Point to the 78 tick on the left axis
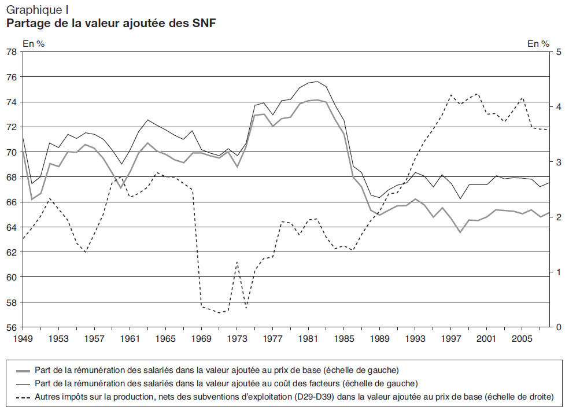pyautogui.click(x=11, y=52)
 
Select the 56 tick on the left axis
pyautogui.click(x=11, y=327)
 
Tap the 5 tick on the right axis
pyautogui.click(x=559, y=52)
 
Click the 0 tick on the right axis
pyautogui.click(x=559, y=327)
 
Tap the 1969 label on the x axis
pyautogui.click(x=202, y=338)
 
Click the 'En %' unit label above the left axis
pyautogui.click(x=33, y=43)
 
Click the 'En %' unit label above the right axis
pyautogui.click(x=538, y=43)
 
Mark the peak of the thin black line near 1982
pyautogui.click(x=317, y=82)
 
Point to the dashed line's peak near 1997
pyautogui.click(x=451, y=95)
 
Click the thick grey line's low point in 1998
pyautogui.click(x=460, y=232)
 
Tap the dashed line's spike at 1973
pyautogui.click(x=237, y=262)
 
